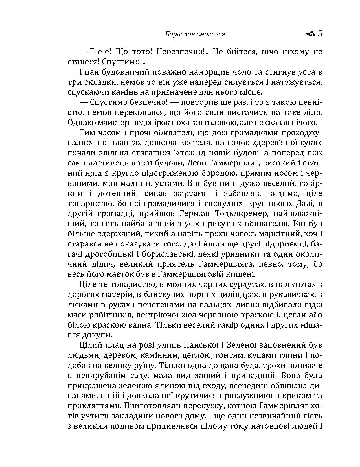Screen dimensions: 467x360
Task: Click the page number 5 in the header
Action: (x=320, y=34)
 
